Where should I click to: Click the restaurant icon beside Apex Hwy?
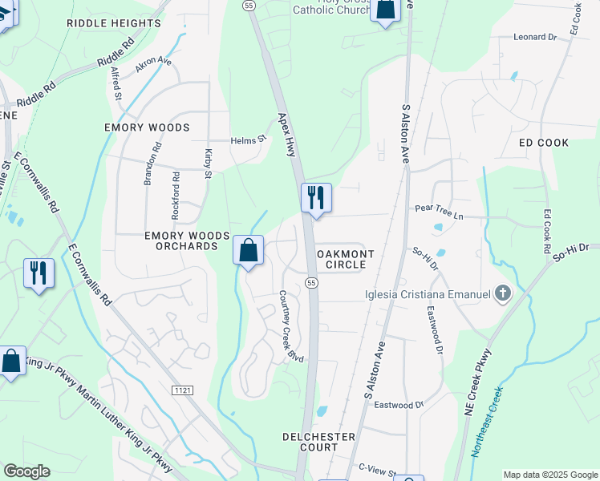coord(316,197)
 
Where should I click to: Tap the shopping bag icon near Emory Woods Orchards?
coord(249,250)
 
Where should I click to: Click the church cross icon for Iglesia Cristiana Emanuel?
coord(503,294)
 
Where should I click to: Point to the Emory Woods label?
coord(147,127)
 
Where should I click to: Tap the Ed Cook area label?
coord(543,143)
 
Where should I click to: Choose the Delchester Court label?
coord(318,443)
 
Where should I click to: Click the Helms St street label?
coord(249,139)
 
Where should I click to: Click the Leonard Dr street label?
coord(535,37)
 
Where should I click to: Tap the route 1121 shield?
coord(182,390)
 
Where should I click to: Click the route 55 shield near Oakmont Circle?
coord(312,282)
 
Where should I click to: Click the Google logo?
coord(26,471)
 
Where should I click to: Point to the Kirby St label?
coord(209,164)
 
